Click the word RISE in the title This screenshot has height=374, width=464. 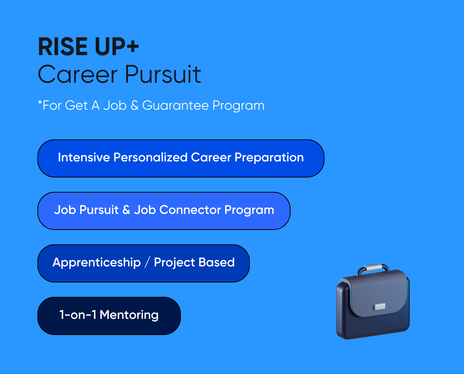[63, 47]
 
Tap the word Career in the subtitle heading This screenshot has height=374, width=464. [78, 75]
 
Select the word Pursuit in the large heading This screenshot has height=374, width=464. [163, 75]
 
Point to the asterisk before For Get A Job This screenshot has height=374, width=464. [40, 102]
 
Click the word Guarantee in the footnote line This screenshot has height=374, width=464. [175, 106]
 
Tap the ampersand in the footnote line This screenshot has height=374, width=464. [134, 106]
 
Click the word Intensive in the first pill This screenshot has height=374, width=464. [84, 157]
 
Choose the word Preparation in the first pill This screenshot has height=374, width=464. [269, 157]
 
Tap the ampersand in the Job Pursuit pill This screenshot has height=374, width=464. [126, 210]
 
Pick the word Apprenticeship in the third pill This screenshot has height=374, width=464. [96, 262]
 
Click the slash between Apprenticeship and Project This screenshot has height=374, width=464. [147, 262]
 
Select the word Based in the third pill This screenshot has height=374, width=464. [216, 262]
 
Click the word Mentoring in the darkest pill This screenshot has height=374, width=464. [129, 315]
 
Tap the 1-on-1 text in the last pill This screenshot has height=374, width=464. [78, 315]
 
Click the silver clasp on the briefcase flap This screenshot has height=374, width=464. [379, 307]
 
